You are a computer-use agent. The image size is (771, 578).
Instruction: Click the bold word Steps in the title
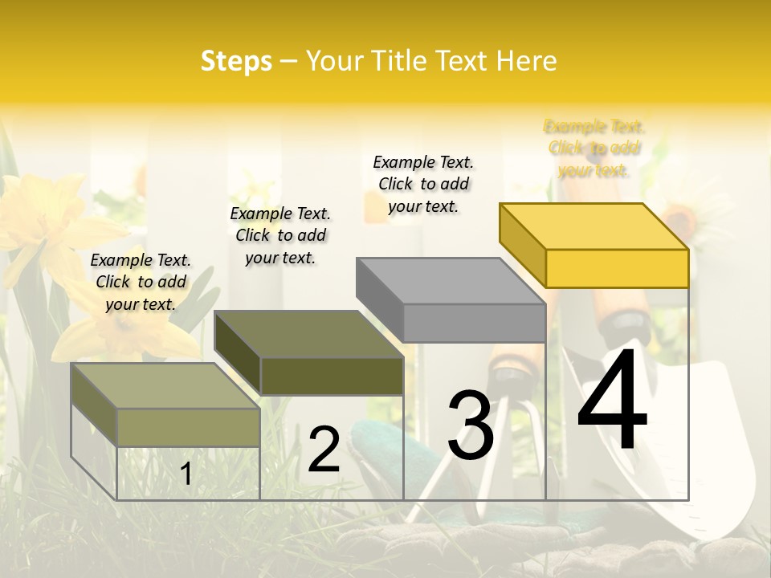pos(236,61)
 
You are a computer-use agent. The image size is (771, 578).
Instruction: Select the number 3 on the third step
pos(470,425)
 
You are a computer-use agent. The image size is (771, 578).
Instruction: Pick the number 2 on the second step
pos(324,450)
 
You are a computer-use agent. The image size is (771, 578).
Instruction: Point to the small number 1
pos(186,474)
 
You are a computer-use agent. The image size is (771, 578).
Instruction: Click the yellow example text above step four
pos(594,149)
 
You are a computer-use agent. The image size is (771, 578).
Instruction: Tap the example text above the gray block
pos(423,184)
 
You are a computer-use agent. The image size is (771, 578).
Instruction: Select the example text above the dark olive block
pos(280,235)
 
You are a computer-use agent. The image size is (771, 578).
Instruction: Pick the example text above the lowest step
pos(141,282)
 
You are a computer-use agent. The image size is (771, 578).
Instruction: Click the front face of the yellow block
pos(617,268)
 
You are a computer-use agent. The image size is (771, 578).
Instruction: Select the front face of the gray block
pos(474,323)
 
